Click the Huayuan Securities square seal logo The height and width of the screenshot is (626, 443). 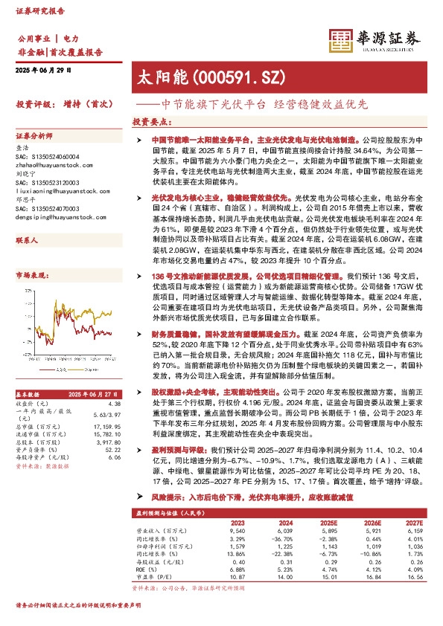click(x=342, y=41)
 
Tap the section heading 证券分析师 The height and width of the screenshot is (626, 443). click(x=35, y=137)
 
